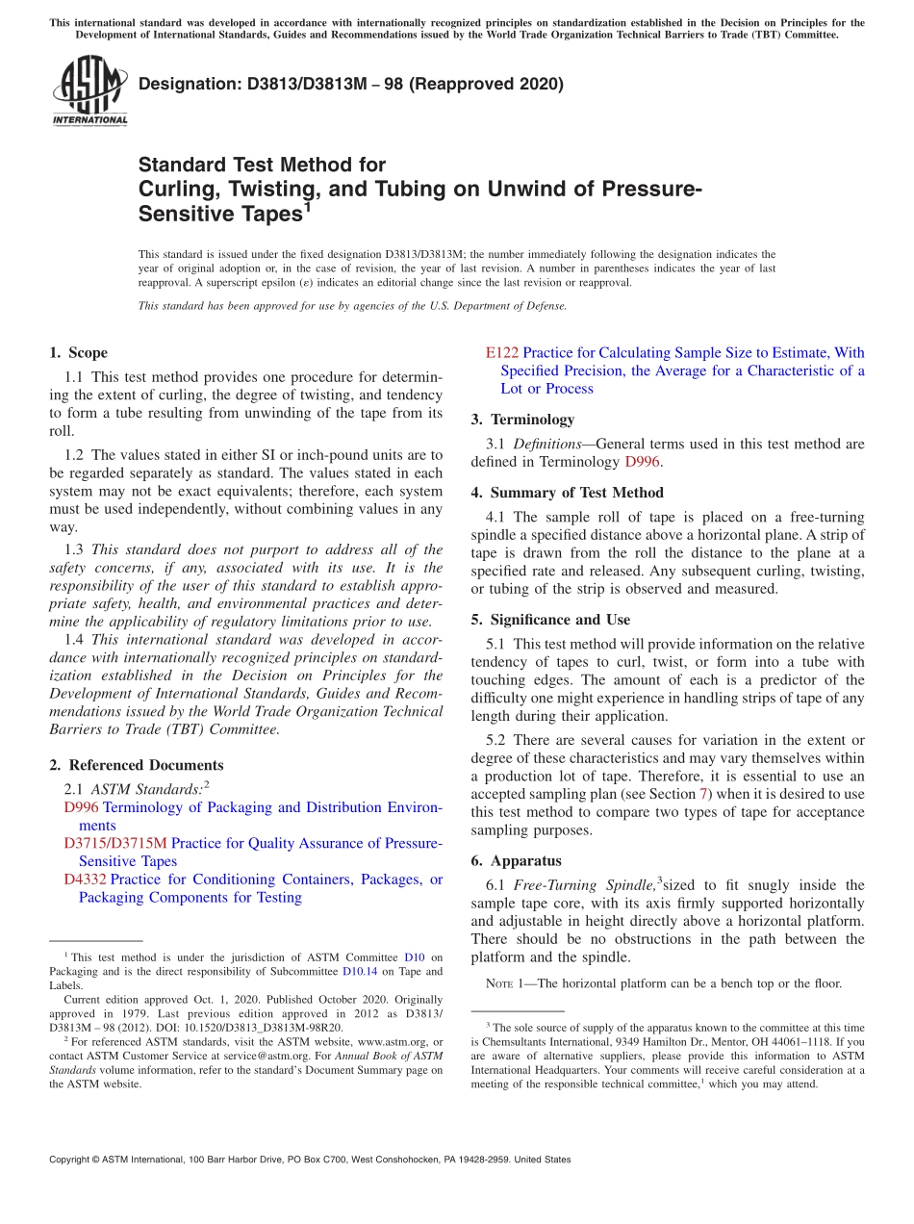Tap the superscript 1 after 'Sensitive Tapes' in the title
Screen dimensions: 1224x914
pyautogui.click(x=307, y=206)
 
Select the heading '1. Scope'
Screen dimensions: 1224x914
pyautogui.click(x=78, y=353)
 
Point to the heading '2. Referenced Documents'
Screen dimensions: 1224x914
pyautogui.click(x=136, y=765)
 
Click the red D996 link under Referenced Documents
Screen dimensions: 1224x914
pyautogui.click(x=81, y=807)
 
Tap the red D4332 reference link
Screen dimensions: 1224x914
pyautogui.click(x=85, y=880)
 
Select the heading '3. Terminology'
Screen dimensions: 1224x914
pyautogui.click(x=522, y=420)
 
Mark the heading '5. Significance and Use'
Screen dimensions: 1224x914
pyautogui.click(x=550, y=620)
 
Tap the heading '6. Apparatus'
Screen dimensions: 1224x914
pyautogui.click(x=516, y=861)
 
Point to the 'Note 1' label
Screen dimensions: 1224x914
pyautogui.click(x=499, y=984)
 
